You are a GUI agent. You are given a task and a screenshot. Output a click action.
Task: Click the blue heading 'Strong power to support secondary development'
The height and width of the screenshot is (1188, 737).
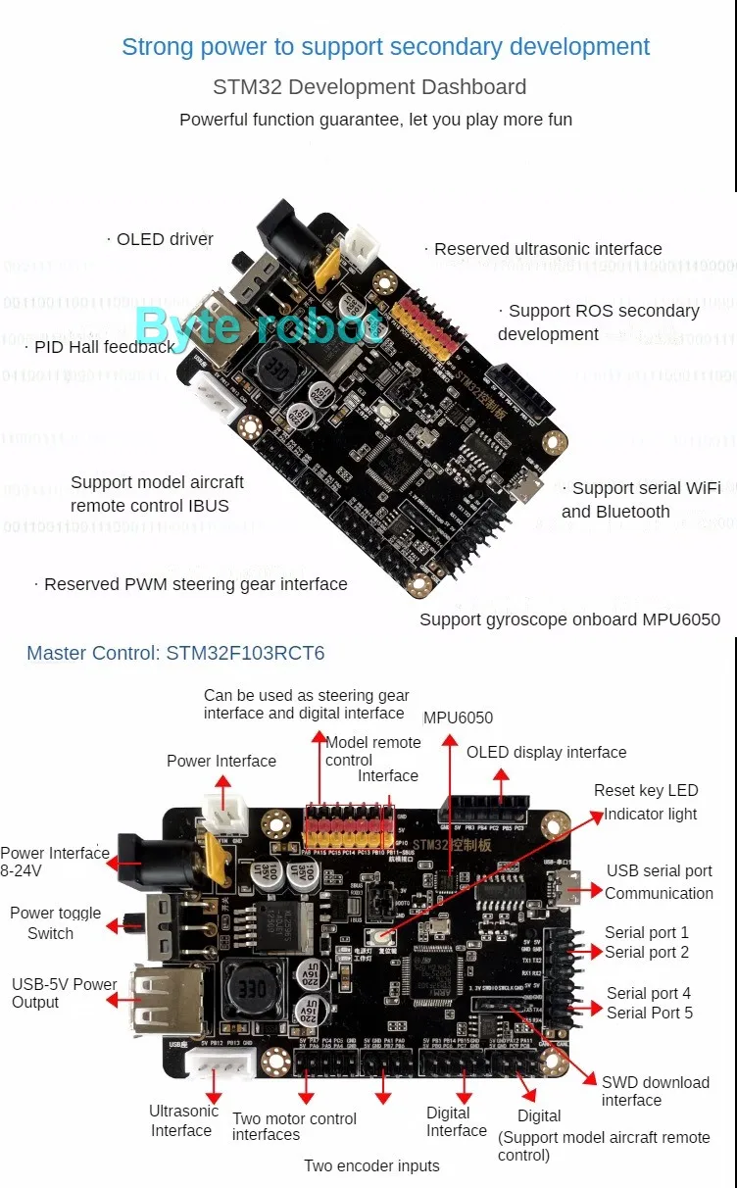385,47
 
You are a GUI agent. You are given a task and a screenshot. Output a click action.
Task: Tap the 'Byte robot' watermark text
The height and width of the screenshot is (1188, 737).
259,324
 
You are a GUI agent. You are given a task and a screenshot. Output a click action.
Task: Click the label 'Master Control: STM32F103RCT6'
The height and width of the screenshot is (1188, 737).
175,653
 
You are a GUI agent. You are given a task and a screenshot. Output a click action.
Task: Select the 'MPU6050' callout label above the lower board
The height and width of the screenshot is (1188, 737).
458,718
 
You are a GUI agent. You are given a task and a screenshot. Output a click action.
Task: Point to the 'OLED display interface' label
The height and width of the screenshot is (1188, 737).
546,753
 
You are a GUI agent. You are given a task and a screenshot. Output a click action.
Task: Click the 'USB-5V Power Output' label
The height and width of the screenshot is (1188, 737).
64,993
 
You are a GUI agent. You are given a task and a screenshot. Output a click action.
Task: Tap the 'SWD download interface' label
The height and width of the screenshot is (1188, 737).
655,1091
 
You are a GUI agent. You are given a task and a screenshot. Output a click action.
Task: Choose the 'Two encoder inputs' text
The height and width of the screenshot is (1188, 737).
371,1165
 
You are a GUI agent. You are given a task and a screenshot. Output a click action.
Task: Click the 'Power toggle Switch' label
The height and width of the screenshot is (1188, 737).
55,922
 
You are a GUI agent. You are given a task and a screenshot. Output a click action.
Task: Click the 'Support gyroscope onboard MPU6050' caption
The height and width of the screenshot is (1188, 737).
569,619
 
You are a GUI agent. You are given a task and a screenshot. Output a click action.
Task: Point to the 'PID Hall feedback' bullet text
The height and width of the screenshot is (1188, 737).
104,346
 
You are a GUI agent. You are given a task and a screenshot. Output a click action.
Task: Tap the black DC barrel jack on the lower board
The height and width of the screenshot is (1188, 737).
142,861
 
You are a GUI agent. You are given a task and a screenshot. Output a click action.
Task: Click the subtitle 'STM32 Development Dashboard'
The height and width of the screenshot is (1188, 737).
369,87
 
